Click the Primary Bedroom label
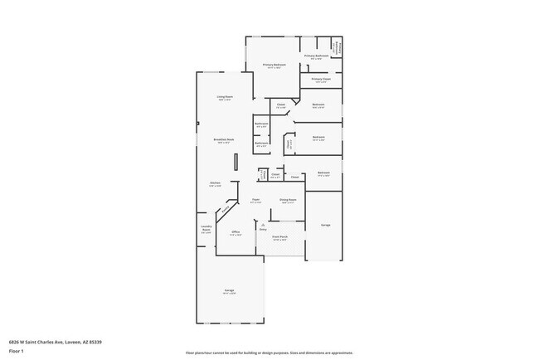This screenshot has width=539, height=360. click(x=274, y=64)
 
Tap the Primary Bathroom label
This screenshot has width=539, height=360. click(x=316, y=56)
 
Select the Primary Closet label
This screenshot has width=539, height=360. click(x=319, y=80)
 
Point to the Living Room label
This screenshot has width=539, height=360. click(x=225, y=98)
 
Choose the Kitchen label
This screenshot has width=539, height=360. click(x=215, y=183)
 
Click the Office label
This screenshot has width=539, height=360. click(x=236, y=233)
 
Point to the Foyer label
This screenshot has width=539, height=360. click(x=256, y=200)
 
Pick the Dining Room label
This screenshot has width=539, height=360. click(x=288, y=200)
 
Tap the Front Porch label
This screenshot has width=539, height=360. click(x=279, y=237)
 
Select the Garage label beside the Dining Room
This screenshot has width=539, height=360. click(x=325, y=225)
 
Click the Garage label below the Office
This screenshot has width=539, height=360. click(x=228, y=291)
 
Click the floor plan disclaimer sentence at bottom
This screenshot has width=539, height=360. click(x=269, y=353)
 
